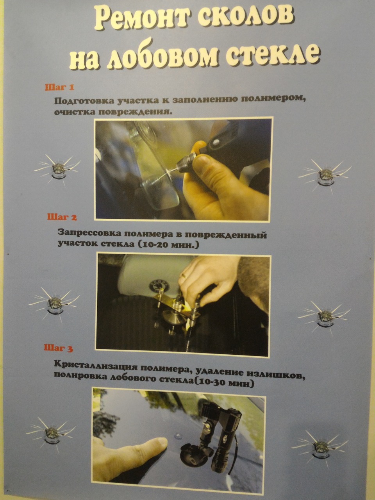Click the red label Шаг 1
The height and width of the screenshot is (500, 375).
[59, 87]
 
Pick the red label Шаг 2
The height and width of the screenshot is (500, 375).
[62, 217]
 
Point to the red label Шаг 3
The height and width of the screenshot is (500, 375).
[59, 348]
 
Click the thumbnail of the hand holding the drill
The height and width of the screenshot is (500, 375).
[182, 169]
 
